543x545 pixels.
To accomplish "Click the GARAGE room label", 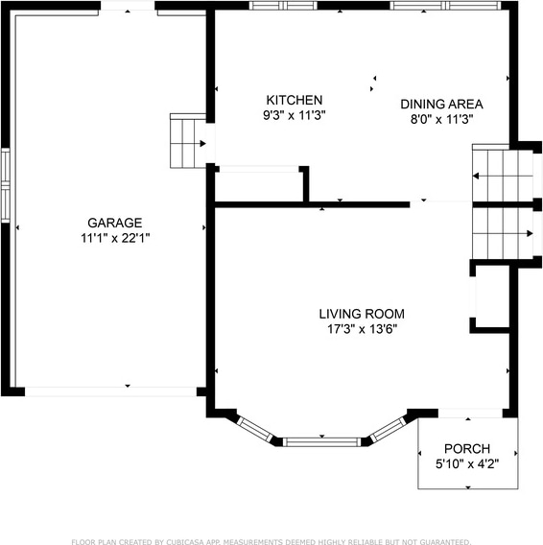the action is [x=115, y=223].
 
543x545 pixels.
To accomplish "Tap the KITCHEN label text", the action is [x=295, y=100].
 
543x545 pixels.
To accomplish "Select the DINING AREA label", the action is [x=441, y=104].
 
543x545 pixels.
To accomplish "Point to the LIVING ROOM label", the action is [x=362, y=314].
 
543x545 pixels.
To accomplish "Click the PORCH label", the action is [x=467, y=449].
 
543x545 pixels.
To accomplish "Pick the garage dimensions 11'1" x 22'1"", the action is [x=115, y=238].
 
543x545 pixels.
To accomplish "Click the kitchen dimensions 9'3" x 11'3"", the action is [x=295, y=115].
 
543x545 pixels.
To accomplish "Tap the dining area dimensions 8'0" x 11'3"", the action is [x=442, y=119].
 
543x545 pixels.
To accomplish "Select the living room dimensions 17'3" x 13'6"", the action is [x=362, y=329].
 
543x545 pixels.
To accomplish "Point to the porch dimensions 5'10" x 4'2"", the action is [x=467, y=463].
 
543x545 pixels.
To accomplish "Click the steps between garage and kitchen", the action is [x=188, y=141].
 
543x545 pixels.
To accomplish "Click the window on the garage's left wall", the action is [x=6, y=185].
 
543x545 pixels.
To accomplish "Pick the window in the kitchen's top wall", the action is [x=284, y=6].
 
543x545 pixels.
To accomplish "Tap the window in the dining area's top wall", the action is [x=445, y=6].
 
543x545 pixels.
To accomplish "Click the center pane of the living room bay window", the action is [x=322, y=442].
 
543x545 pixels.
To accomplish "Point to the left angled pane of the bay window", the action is [x=255, y=429].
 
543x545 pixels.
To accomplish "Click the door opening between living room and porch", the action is [x=470, y=414].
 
